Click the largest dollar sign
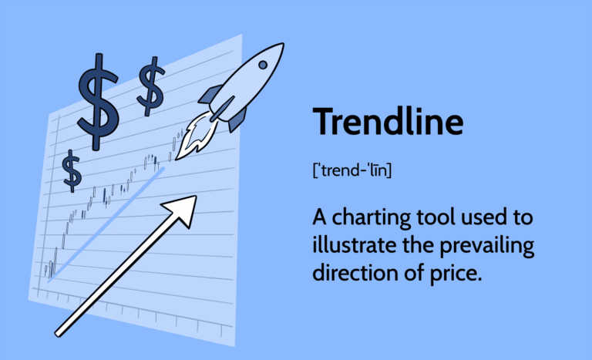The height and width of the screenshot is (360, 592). (97, 100)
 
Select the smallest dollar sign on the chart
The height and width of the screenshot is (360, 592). (72, 171)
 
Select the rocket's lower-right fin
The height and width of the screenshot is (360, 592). (237, 119)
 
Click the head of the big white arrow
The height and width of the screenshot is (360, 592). (183, 209)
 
